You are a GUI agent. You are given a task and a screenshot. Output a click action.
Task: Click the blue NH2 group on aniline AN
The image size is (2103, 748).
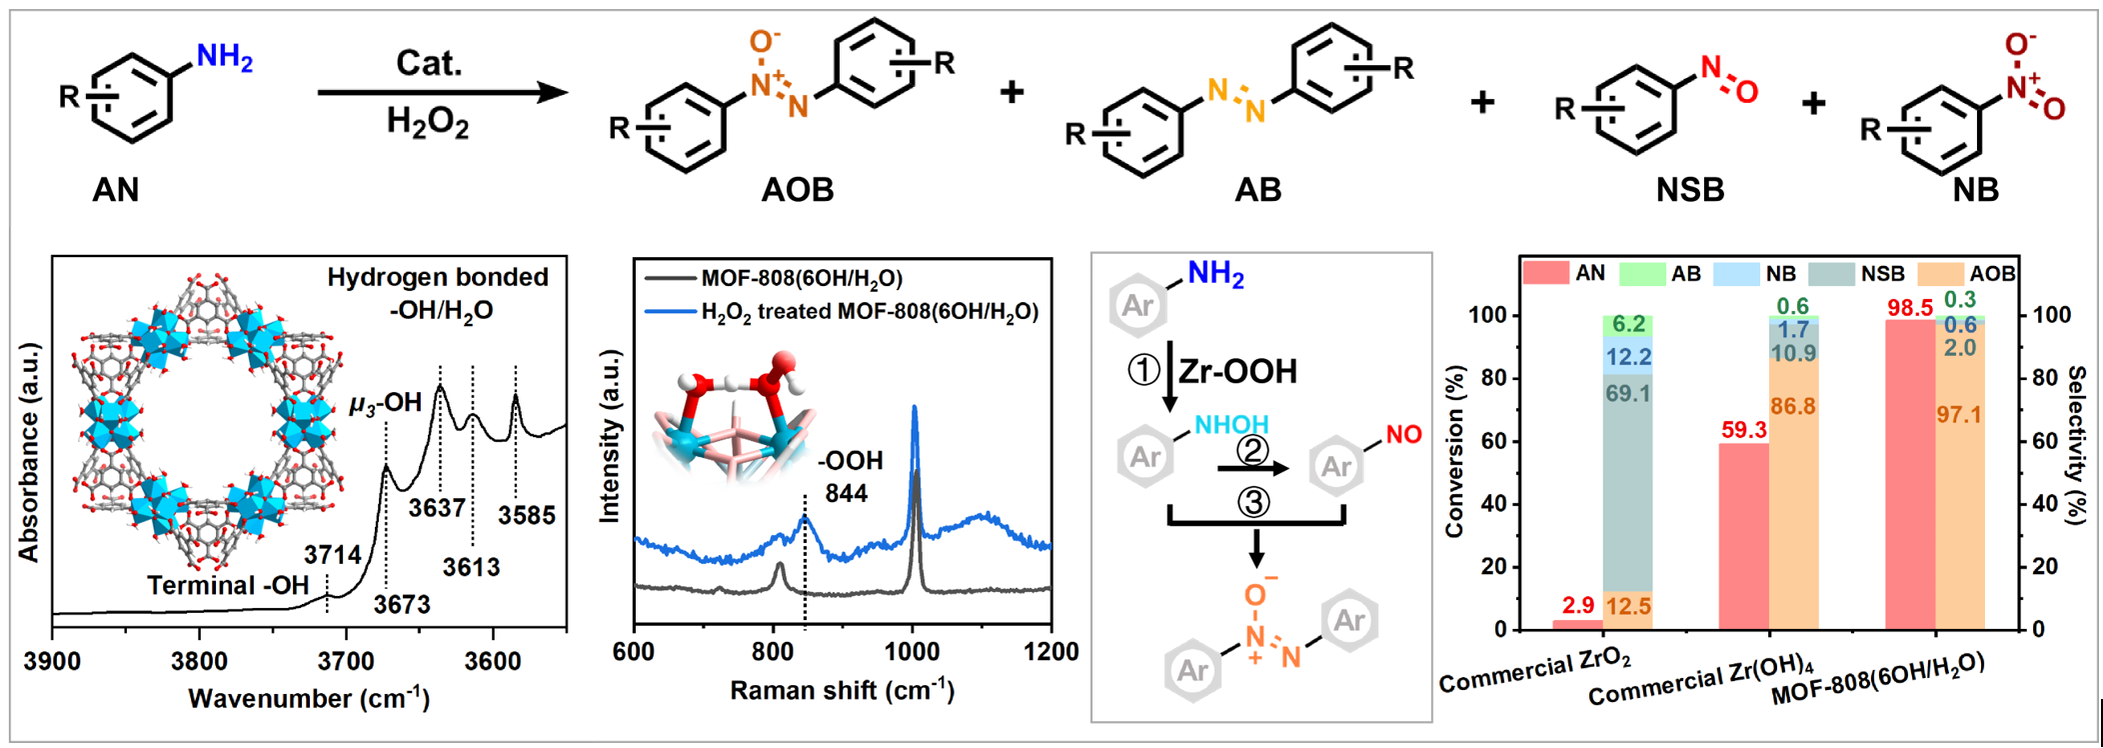[224, 57]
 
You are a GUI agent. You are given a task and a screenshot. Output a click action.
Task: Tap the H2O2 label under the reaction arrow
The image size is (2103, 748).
[427, 123]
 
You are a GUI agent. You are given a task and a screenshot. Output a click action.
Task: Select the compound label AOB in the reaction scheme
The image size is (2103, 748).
[797, 189]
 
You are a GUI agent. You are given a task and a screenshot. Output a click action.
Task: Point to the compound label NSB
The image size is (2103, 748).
[1689, 189]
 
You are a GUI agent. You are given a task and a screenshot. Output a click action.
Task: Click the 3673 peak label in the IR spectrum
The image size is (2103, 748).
[402, 604]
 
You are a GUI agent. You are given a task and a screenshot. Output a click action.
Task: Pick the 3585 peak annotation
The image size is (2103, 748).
[527, 515]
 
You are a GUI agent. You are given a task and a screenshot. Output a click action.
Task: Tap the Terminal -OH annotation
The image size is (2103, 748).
[228, 585]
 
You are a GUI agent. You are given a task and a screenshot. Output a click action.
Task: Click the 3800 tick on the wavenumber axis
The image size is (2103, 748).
[199, 661]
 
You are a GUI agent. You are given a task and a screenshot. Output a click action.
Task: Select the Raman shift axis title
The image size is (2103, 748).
[842, 691]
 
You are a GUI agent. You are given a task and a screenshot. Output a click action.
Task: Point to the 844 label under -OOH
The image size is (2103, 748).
[846, 493]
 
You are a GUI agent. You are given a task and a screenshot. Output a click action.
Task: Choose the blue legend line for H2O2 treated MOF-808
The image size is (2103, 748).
[670, 312]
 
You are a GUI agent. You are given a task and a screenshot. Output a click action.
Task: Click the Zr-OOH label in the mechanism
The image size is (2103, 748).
[1237, 372]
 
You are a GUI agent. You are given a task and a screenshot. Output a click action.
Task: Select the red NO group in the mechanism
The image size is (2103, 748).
[1403, 435]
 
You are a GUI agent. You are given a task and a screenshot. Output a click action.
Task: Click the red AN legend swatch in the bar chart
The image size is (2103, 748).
[1544, 273]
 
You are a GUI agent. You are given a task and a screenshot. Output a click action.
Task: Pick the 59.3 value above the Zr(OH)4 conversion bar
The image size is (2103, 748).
[1743, 430]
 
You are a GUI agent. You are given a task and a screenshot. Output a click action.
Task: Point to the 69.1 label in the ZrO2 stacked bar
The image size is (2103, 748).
[1627, 394]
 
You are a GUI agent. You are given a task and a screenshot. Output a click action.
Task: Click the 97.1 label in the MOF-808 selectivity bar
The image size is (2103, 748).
[1959, 414]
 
